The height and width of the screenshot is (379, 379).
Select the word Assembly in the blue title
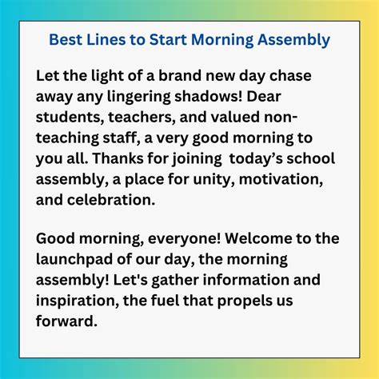click(x=297, y=39)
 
